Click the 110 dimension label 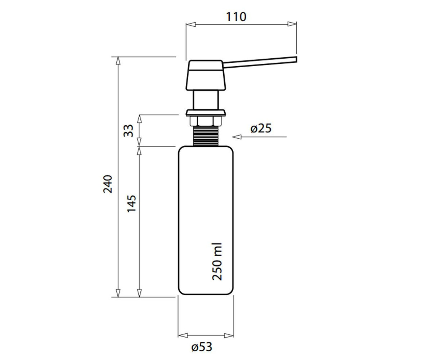point(236,17)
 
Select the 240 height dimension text point(108,184)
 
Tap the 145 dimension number point(132,203)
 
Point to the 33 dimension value point(129,131)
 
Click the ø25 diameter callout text point(261,129)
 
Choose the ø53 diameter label point(202,347)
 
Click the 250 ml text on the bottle point(217,262)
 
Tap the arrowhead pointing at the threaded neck point(237,137)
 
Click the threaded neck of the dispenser point(206,136)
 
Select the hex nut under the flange point(206,121)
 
